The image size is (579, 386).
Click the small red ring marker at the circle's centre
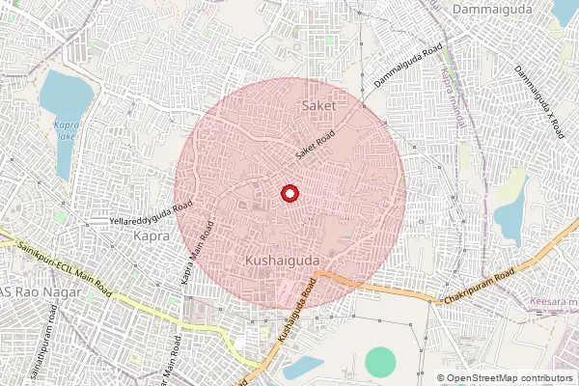coord(289,194)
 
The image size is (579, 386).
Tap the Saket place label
coord(318,103)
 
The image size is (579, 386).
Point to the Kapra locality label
coord(152,235)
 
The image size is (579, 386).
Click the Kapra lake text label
coord(66,130)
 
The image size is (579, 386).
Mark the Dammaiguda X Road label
coord(537,100)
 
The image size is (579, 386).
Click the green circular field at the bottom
coord(381,362)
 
